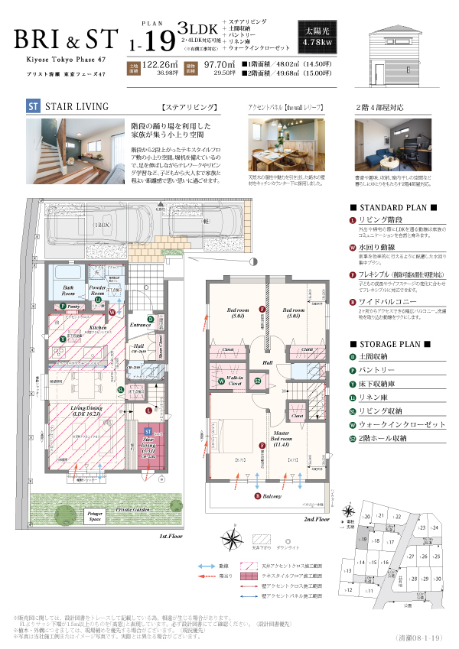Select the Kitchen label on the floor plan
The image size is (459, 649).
point(97,326)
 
